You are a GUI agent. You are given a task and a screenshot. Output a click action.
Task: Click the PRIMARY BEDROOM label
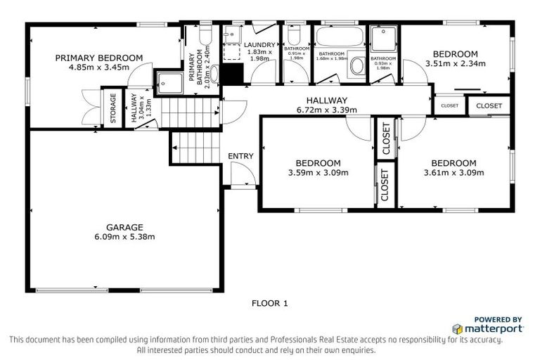click(x=99, y=58)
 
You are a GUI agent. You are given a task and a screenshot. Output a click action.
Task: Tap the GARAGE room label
click(x=124, y=227)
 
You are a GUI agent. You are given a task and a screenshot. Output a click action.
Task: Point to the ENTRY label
click(x=240, y=156)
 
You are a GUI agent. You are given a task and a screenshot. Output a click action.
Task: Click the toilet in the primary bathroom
click(x=205, y=34)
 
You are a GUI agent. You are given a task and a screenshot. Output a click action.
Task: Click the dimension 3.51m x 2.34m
click(x=455, y=63)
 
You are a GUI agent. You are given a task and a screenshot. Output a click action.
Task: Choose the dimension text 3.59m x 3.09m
click(x=318, y=172)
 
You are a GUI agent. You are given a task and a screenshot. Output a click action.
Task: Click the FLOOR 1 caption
click(x=270, y=304)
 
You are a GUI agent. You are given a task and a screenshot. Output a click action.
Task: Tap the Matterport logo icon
click(x=457, y=328)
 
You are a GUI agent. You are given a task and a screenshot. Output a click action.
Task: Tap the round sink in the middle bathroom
click(x=357, y=67)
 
